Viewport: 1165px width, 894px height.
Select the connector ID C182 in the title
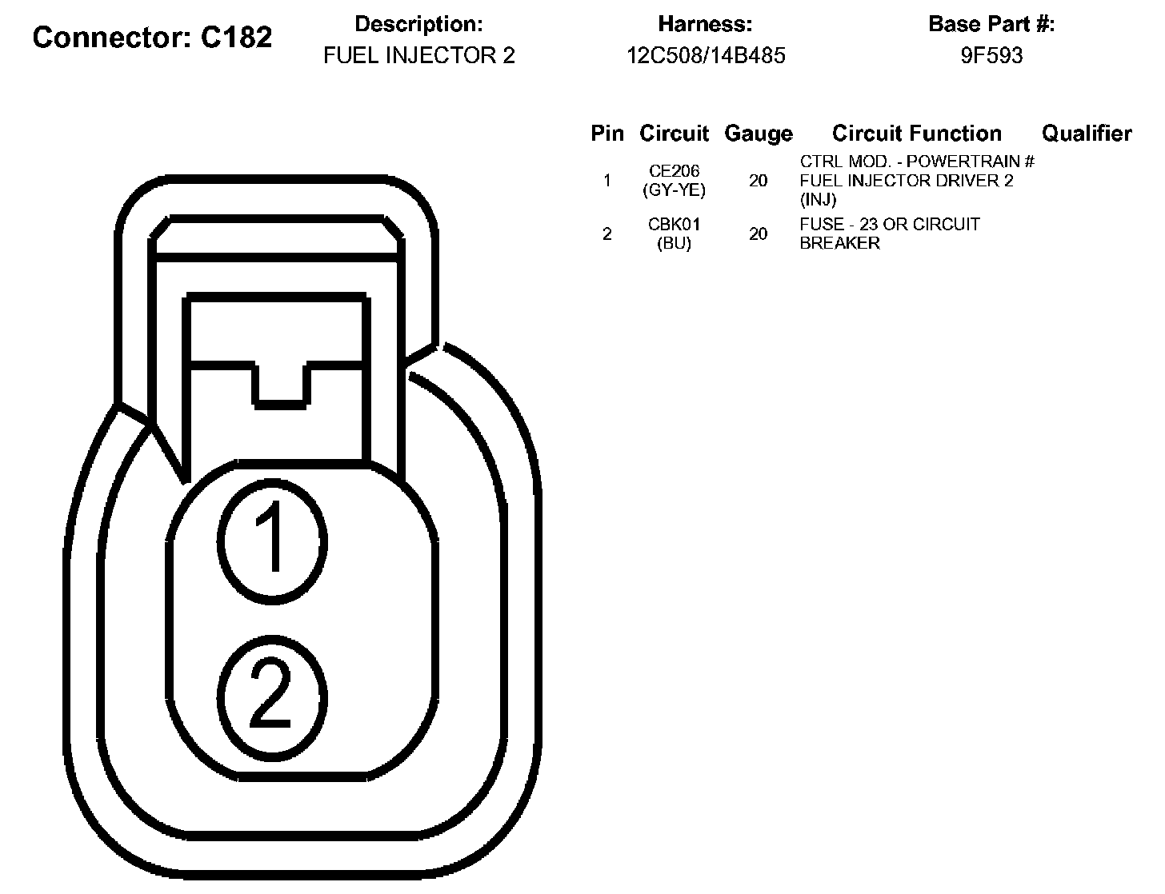[236, 38]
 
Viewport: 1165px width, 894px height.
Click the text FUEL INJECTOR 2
[418, 56]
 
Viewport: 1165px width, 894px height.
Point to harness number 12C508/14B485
[706, 56]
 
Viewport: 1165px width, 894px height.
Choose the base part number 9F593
[991, 56]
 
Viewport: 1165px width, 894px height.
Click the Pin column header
[607, 134]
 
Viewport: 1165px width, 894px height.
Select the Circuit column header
[674, 134]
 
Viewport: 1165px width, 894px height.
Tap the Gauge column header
[758, 134]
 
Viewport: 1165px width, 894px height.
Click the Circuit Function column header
[916, 134]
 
